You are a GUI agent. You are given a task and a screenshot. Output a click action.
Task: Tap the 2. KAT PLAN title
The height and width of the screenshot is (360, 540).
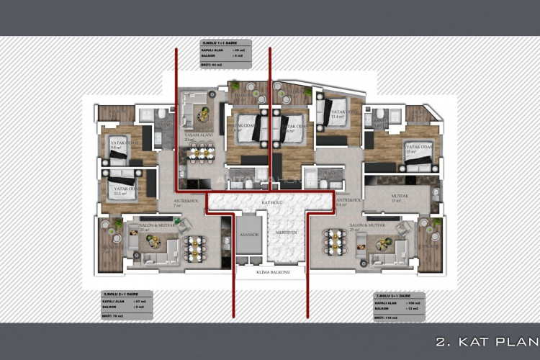tap(486, 341)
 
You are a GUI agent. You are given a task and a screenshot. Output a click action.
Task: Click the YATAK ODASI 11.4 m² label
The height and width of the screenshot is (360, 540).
tap(337, 114)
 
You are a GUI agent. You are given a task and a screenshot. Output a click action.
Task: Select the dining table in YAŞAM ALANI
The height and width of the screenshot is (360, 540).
tap(202, 153)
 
